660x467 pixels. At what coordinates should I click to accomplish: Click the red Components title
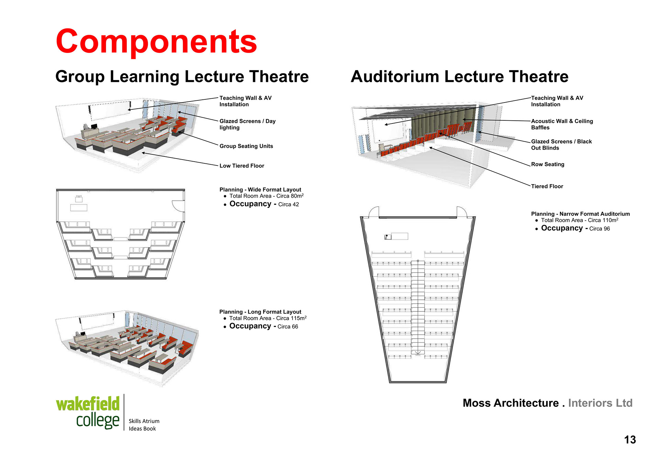pos(156,42)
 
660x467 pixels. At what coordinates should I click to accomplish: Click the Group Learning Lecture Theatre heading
pos(182,76)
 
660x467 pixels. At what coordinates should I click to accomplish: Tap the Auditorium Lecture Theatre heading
pos(459,76)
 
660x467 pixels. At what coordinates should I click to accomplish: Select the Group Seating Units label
pos(246,146)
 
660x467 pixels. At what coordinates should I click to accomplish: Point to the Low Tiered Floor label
pos(242,166)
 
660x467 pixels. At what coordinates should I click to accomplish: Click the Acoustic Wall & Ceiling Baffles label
pos(562,124)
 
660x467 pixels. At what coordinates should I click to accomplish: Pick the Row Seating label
pos(548,164)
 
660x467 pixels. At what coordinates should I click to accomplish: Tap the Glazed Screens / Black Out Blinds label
pos(561,145)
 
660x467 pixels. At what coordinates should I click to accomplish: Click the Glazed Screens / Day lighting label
pos(247,124)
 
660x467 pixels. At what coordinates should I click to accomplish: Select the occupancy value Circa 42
pos(288,205)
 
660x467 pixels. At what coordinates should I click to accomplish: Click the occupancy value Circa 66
pos(288,327)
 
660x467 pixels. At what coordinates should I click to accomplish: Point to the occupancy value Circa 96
pos(599,229)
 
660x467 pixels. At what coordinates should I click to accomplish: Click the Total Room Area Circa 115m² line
pos(268,318)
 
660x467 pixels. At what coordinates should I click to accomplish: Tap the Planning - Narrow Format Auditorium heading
pos(580,214)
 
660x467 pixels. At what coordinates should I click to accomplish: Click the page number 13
pos(630,440)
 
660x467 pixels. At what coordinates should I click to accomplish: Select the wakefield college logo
pos(88,412)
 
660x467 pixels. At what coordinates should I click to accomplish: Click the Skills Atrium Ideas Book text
pos(144,425)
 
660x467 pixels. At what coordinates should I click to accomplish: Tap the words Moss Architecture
pos(510,403)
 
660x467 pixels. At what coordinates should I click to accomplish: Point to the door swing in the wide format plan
pos(179,206)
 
